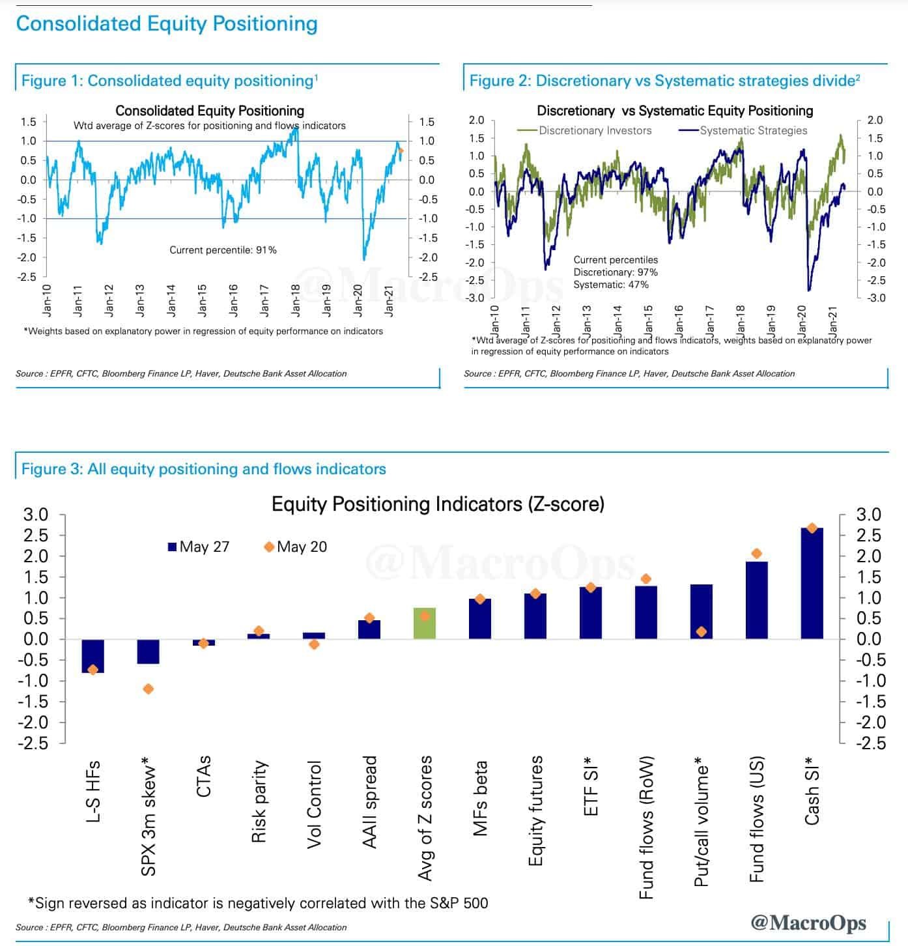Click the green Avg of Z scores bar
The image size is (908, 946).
(425, 623)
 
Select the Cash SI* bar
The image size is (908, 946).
(812, 583)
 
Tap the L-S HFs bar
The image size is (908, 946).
(92, 655)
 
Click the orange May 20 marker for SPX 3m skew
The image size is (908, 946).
(148, 689)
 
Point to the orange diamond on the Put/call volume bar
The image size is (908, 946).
(702, 631)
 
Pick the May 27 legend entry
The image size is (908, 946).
(198, 547)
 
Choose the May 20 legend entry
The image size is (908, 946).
(296, 547)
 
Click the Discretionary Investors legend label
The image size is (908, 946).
(595, 130)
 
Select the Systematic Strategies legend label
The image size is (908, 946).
(753, 130)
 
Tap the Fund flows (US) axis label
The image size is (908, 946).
(757, 819)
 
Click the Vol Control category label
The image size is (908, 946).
(315, 804)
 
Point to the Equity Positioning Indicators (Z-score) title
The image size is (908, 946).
(438, 504)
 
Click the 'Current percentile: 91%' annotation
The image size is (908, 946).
(223, 250)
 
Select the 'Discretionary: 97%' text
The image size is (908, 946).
(616, 272)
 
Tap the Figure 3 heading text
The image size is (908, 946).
(203, 469)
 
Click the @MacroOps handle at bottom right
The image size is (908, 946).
(808, 923)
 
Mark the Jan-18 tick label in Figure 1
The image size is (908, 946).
(296, 300)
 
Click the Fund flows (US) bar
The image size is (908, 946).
(757, 600)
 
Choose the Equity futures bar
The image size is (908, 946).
(535, 616)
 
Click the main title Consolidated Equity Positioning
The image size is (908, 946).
(167, 23)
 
